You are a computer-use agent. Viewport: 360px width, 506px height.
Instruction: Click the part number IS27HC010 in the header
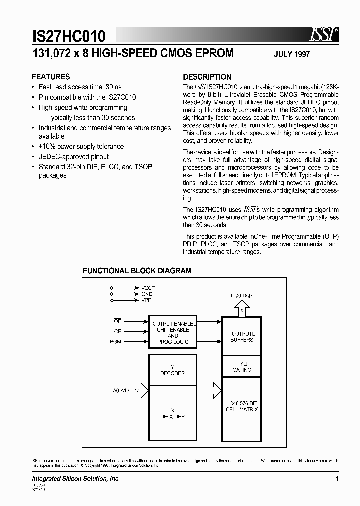(x=69, y=36)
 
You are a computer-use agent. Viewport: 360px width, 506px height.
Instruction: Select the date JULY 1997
(x=292, y=54)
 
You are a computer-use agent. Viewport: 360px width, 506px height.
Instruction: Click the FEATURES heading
(x=51, y=77)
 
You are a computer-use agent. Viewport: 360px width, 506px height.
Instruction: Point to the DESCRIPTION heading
(x=207, y=77)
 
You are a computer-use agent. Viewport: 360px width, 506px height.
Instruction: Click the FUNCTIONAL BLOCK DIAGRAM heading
(x=137, y=271)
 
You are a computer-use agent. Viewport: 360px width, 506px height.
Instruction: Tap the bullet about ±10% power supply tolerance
(x=81, y=146)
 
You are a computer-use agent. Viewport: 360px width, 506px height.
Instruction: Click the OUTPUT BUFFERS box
(x=241, y=336)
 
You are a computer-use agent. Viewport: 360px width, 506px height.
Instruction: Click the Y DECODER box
(x=172, y=370)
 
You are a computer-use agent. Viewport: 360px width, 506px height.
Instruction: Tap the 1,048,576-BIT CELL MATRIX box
(x=241, y=406)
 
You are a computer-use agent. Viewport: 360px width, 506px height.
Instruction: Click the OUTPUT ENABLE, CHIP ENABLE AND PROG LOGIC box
(x=172, y=333)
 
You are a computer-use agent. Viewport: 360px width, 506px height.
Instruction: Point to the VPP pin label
(x=146, y=300)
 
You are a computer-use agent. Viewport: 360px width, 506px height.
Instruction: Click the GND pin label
(x=146, y=294)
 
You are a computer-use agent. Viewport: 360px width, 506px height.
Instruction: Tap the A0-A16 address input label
(x=121, y=391)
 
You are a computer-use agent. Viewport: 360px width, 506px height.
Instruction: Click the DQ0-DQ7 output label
(x=242, y=295)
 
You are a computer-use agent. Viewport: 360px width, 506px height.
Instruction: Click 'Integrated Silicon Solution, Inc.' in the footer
(x=76, y=479)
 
